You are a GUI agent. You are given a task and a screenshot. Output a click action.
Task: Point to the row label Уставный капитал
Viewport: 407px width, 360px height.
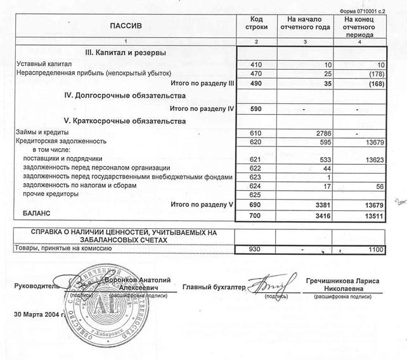(x=44, y=64)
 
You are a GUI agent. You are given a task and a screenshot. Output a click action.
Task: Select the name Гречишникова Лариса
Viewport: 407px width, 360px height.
(x=345, y=281)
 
